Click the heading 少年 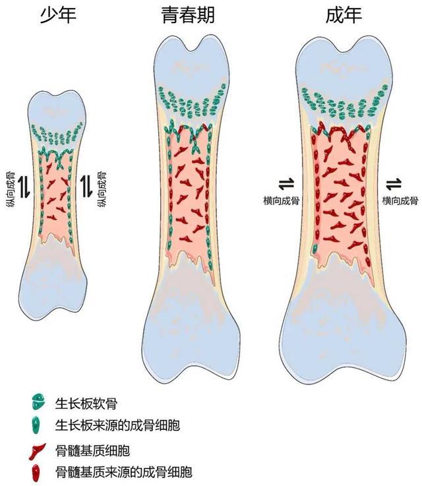click(58, 15)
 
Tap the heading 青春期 click(188, 15)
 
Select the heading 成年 click(344, 15)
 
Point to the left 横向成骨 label click(282, 200)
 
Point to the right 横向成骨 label click(400, 200)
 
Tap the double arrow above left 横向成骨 click(286, 184)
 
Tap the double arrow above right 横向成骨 click(394, 184)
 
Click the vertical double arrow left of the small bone click(24, 187)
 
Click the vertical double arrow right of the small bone click(86, 187)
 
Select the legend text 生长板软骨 click(86, 404)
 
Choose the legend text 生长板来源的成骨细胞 click(118, 425)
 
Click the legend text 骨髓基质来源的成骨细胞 click(124, 472)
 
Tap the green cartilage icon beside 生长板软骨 click(38, 402)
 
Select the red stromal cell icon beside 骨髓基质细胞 click(36, 451)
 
